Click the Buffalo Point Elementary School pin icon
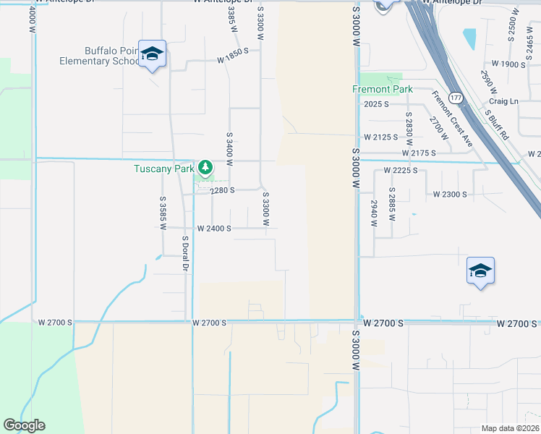click(x=153, y=54)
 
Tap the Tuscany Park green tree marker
click(x=206, y=168)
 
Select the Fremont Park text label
click(x=382, y=90)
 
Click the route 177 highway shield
click(x=456, y=97)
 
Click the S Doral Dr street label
click(x=185, y=254)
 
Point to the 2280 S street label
click(x=224, y=191)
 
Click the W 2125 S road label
click(x=381, y=137)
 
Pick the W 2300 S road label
click(x=450, y=195)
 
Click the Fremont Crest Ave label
click(x=452, y=119)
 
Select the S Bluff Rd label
click(x=498, y=125)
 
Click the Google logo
click(x=24, y=425)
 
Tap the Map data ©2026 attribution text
click(x=509, y=428)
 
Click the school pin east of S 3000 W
click(x=480, y=271)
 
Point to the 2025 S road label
click(x=377, y=104)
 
